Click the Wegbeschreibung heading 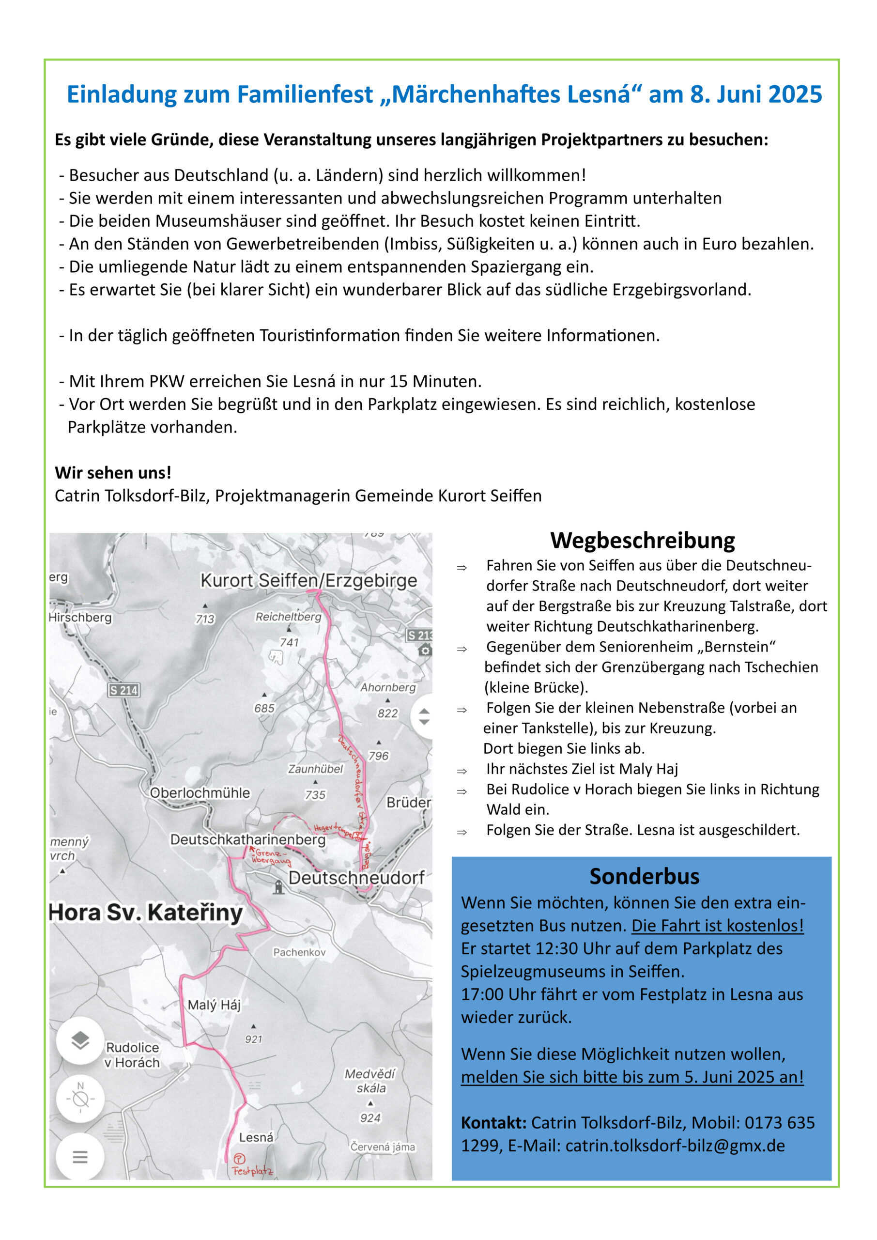(x=642, y=541)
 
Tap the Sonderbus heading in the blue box (x=644, y=876)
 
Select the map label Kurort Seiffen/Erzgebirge (x=308, y=581)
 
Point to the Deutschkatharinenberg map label (x=248, y=840)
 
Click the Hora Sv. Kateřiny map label (x=146, y=913)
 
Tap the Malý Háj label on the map (x=214, y=1005)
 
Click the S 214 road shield (x=123, y=690)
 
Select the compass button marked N (x=80, y=1099)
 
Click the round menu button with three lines (x=80, y=1157)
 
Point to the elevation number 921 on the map (x=253, y=1039)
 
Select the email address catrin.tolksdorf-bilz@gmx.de (x=675, y=1146)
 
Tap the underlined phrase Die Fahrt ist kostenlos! (x=717, y=926)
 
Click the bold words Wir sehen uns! (x=113, y=473)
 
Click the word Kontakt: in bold (x=493, y=1123)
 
